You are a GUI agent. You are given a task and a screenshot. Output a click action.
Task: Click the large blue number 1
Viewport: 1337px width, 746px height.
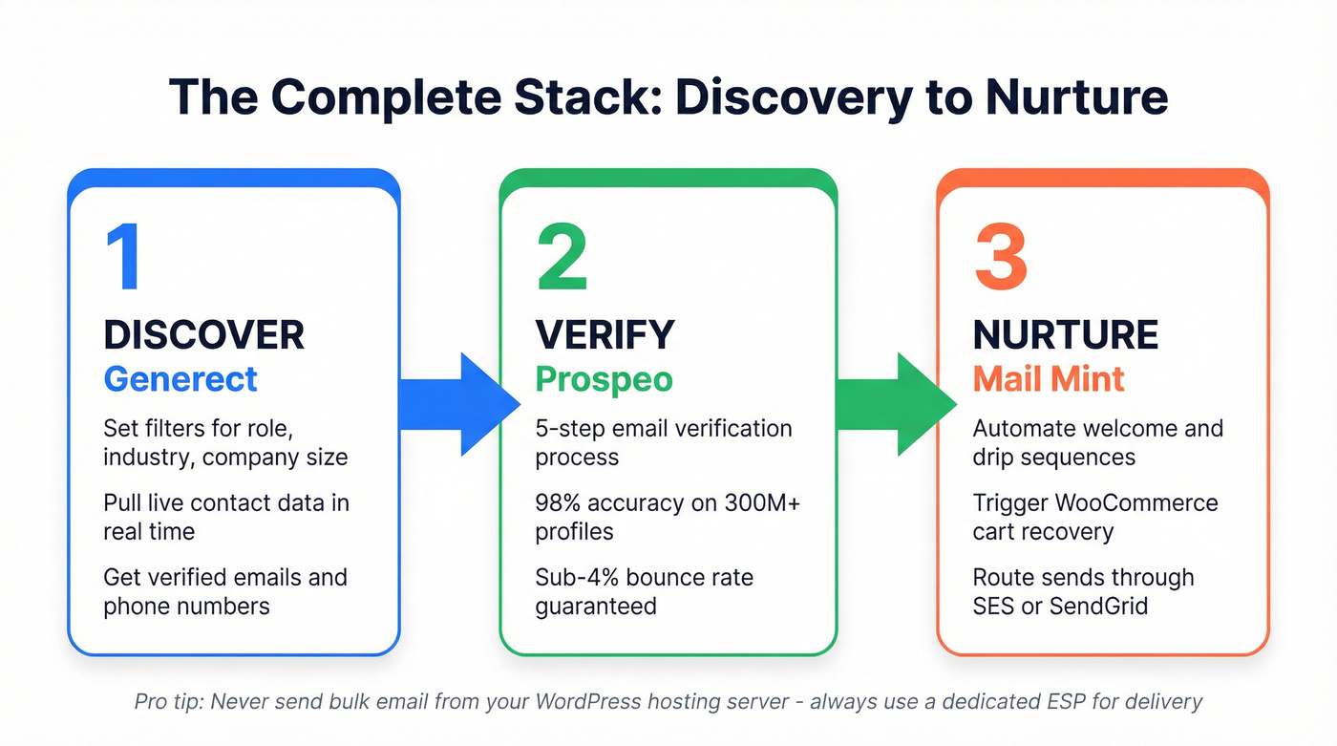124,258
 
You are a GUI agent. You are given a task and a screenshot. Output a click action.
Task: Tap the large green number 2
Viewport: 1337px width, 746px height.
562,258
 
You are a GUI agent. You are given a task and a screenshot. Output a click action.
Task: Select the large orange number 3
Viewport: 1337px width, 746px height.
1000,258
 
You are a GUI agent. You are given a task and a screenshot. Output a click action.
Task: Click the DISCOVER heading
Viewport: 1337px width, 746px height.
203,335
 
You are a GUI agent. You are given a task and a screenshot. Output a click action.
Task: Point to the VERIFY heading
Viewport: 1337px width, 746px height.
605,335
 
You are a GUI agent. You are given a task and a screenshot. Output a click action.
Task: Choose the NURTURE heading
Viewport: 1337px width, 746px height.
1065,335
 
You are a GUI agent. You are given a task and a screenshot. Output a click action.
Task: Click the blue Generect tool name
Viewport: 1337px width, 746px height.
180,379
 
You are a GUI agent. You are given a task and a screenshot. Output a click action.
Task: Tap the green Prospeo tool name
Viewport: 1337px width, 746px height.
604,379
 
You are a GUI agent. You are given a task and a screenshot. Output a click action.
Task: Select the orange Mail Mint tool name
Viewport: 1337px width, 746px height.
1049,379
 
